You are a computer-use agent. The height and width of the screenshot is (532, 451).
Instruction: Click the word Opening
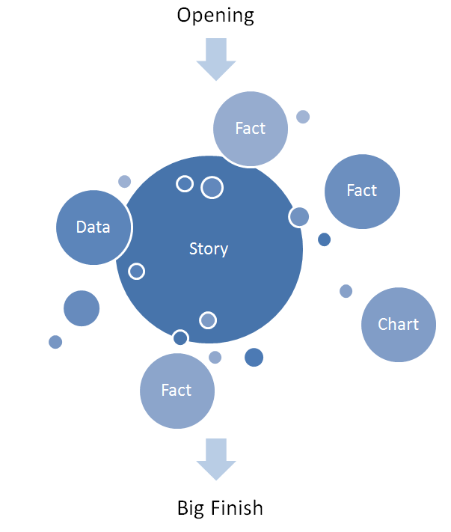pyautogui.click(x=215, y=15)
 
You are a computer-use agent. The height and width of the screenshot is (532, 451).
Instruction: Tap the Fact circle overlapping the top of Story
pyautogui.click(x=251, y=129)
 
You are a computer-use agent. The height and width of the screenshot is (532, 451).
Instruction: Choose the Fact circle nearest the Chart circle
pyautogui.click(x=362, y=191)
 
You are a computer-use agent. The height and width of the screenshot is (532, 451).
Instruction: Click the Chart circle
pyautogui.click(x=399, y=325)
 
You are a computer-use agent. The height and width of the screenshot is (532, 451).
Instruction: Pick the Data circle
pyautogui.click(x=93, y=227)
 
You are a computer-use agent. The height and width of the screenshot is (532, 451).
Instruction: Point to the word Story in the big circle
pyautogui.click(x=209, y=248)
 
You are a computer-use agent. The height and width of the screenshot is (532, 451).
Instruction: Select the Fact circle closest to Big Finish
pyautogui.click(x=177, y=391)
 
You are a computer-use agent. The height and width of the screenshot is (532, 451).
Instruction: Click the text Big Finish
pyautogui.click(x=220, y=509)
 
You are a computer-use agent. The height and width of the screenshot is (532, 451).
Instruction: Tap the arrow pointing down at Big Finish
pyautogui.click(x=215, y=459)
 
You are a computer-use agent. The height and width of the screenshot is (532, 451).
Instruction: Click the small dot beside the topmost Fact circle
pyautogui.click(x=303, y=117)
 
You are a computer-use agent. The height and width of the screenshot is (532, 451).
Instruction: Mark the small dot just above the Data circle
pyautogui.click(x=125, y=181)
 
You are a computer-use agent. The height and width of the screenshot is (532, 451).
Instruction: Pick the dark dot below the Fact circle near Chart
pyautogui.click(x=324, y=239)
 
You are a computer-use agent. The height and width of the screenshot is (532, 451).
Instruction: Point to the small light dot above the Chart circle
pyautogui.click(x=346, y=291)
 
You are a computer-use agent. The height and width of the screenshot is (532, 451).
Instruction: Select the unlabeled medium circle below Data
pyautogui.click(x=82, y=308)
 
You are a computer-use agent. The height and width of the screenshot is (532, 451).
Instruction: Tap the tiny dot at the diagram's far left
pyautogui.click(x=55, y=342)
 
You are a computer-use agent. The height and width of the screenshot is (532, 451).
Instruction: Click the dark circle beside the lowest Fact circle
pyautogui.click(x=254, y=358)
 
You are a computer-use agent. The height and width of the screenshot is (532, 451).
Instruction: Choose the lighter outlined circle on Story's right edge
pyautogui.click(x=299, y=217)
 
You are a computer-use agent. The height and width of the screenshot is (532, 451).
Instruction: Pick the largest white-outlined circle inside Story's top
pyautogui.click(x=212, y=187)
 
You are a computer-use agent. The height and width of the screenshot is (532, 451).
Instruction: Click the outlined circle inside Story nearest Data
pyautogui.click(x=136, y=271)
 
